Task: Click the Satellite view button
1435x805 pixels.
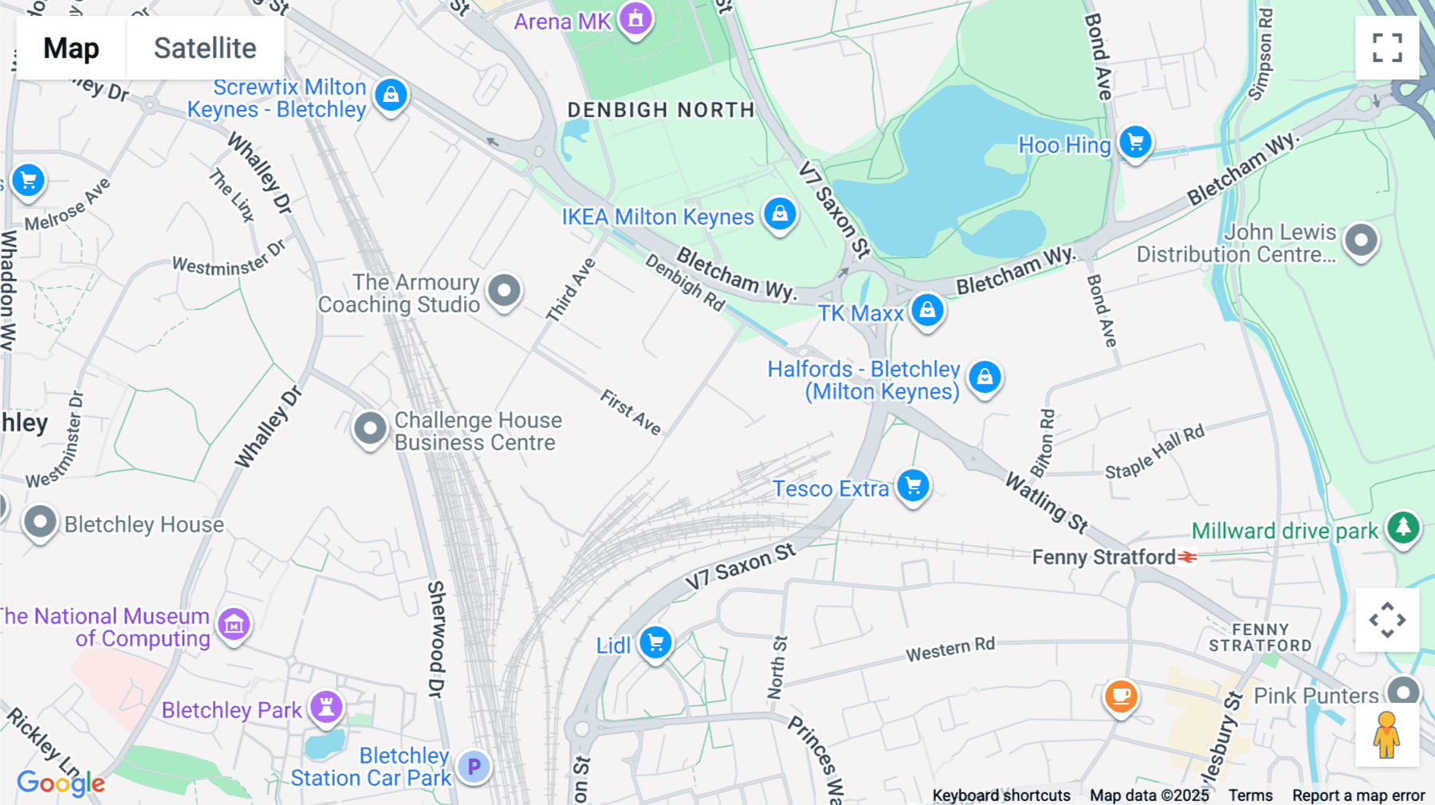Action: pyautogui.click(x=205, y=48)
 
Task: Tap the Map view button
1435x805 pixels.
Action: pyautogui.click(x=71, y=48)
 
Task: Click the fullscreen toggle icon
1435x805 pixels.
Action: pyautogui.click(x=1387, y=48)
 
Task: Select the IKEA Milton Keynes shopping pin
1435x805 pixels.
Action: pyautogui.click(x=780, y=214)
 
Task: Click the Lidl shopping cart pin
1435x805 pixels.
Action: pyautogui.click(x=655, y=642)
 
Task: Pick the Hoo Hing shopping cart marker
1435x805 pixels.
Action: pyautogui.click(x=1135, y=143)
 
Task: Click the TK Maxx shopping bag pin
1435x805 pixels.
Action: pyautogui.click(x=927, y=310)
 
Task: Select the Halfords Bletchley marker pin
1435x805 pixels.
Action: pyautogui.click(x=985, y=377)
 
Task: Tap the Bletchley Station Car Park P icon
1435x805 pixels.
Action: pyautogui.click(x=474, y=767)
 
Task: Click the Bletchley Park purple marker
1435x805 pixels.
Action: pyautogui.click(x=326, y=707)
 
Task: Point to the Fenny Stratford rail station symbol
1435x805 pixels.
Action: pyautogui.click(x=1188, y=557)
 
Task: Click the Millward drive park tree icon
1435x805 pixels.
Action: pyautogui.click(x=1403, y=528)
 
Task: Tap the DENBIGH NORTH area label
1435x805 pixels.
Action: pyautogui.click(x=660, y=110)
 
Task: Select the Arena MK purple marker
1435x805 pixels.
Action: pyautogui.click(x=635, y=18)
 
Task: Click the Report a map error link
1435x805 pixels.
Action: pyautogui.click(x=1358, y=795)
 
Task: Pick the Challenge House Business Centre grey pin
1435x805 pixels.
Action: pyautogui.click(x=370, y=429)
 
